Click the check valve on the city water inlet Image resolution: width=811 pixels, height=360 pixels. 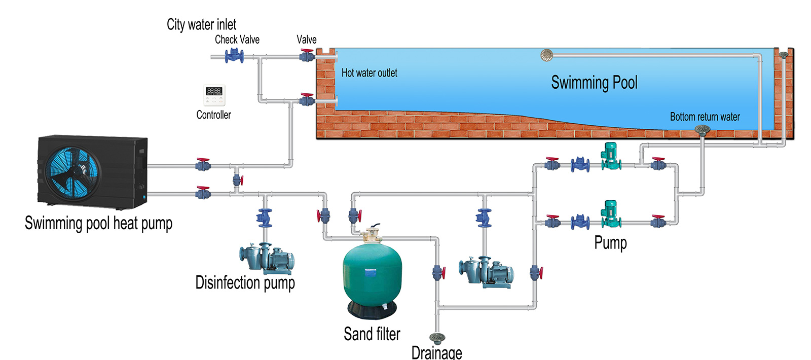(x=234, y=55)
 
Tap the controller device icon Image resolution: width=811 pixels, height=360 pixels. (x=214, y=95)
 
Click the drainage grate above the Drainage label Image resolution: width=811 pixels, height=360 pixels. (x=436, y=338)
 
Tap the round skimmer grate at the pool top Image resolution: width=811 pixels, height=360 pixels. (x=547, y=55)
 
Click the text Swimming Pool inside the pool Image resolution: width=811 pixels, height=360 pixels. (x=594, y=83)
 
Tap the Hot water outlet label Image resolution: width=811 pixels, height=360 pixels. (x=369, y=73)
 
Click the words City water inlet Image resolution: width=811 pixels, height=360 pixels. (x=201, y=24)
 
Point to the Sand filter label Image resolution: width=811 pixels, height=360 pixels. (x=372, y=334)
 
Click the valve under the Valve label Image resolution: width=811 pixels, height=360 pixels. (x=307, y=56)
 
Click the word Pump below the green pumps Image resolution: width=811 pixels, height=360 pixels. (x=610, y=243)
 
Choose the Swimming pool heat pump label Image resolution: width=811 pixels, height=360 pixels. (x=98, y=223)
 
